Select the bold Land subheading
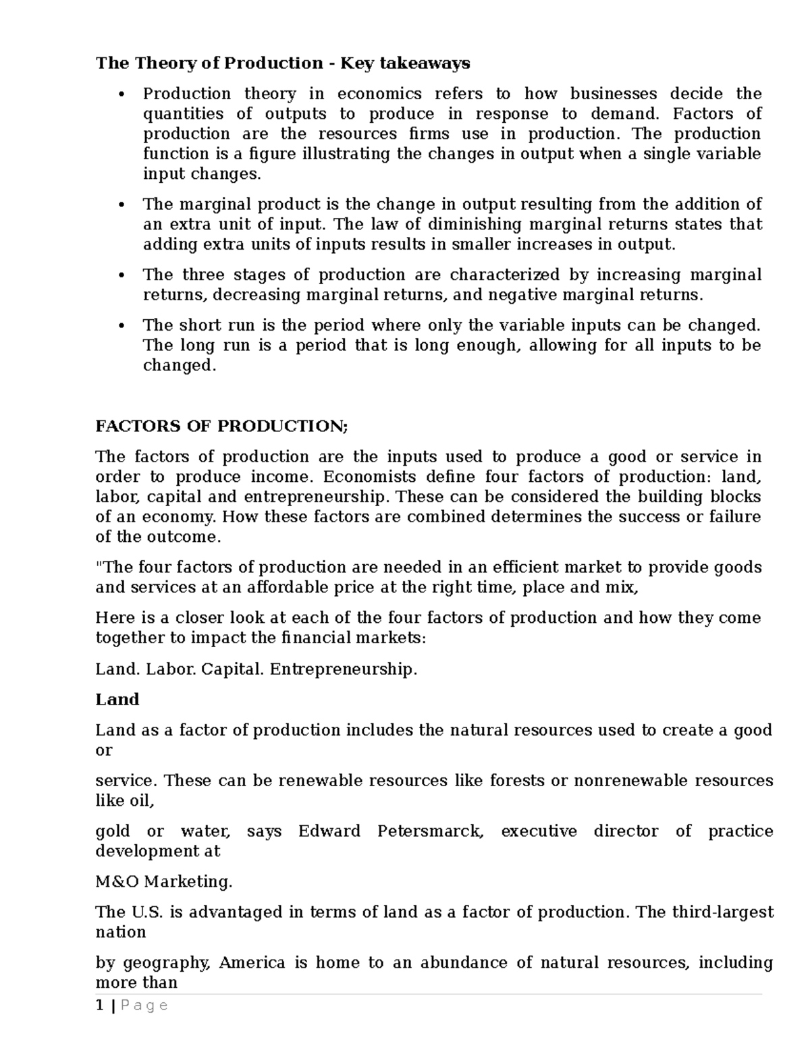pos(117,699)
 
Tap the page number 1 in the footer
pos(100,1006)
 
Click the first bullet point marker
pos(122,94)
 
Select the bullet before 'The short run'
pos(122,326)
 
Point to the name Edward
pos(329,831)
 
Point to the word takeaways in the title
pos(429,63)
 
